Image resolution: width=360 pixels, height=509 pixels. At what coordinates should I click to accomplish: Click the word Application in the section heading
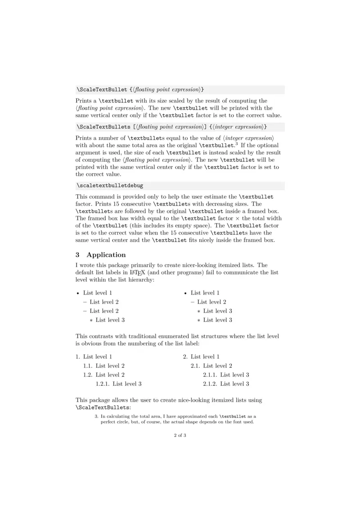pyautogui.click(x=106, y=255)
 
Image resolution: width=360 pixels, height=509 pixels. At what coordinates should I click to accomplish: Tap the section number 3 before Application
pyautogui.click(x=78, y=255)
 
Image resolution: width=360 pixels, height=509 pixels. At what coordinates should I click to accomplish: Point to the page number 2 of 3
pyautogui.click(x=180, y=435)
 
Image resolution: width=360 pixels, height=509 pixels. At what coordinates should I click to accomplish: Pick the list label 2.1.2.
pyautogui.click(x=210, y=384)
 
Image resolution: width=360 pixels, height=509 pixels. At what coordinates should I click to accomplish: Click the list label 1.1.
pyautogui.click(x=88, y=366)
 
